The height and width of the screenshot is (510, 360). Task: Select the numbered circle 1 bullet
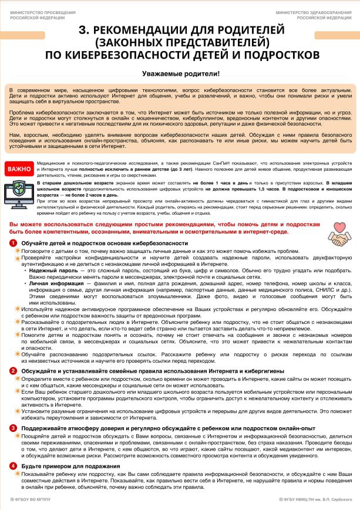click(13, 243)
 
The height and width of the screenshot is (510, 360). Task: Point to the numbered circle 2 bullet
click(13, 371)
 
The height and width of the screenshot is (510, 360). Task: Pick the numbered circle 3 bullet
click(13, 428)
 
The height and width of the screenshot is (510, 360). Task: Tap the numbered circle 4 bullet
click(13, 466)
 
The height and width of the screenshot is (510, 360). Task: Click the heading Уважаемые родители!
click(180, 74)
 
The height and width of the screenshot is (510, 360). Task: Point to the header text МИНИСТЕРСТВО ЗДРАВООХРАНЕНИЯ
click(318, 12)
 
